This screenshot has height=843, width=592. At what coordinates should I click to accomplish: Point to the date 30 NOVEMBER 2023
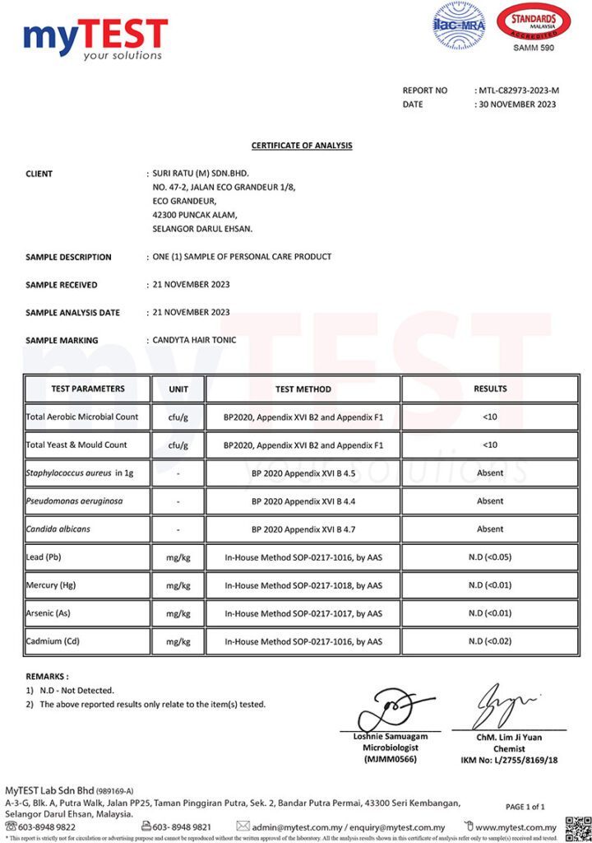517,105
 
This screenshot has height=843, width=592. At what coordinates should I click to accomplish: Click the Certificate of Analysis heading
302,146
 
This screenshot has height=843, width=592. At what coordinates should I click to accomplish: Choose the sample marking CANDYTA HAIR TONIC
194,340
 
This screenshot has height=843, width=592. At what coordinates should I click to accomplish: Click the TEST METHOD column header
303,389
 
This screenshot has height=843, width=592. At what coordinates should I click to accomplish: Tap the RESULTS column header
490,389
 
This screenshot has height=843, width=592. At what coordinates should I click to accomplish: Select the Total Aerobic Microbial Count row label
82,417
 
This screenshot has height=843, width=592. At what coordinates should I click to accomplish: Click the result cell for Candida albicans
490,529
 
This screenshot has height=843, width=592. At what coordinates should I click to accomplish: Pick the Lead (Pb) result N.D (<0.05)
490,557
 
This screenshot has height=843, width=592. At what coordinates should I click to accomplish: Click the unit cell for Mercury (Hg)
178,585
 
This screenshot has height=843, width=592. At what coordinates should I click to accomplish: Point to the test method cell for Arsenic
303,613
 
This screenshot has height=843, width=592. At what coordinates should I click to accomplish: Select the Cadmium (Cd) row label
53,641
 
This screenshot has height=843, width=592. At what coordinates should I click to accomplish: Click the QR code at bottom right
578,828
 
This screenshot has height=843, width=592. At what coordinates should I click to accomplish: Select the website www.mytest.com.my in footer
516,827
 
